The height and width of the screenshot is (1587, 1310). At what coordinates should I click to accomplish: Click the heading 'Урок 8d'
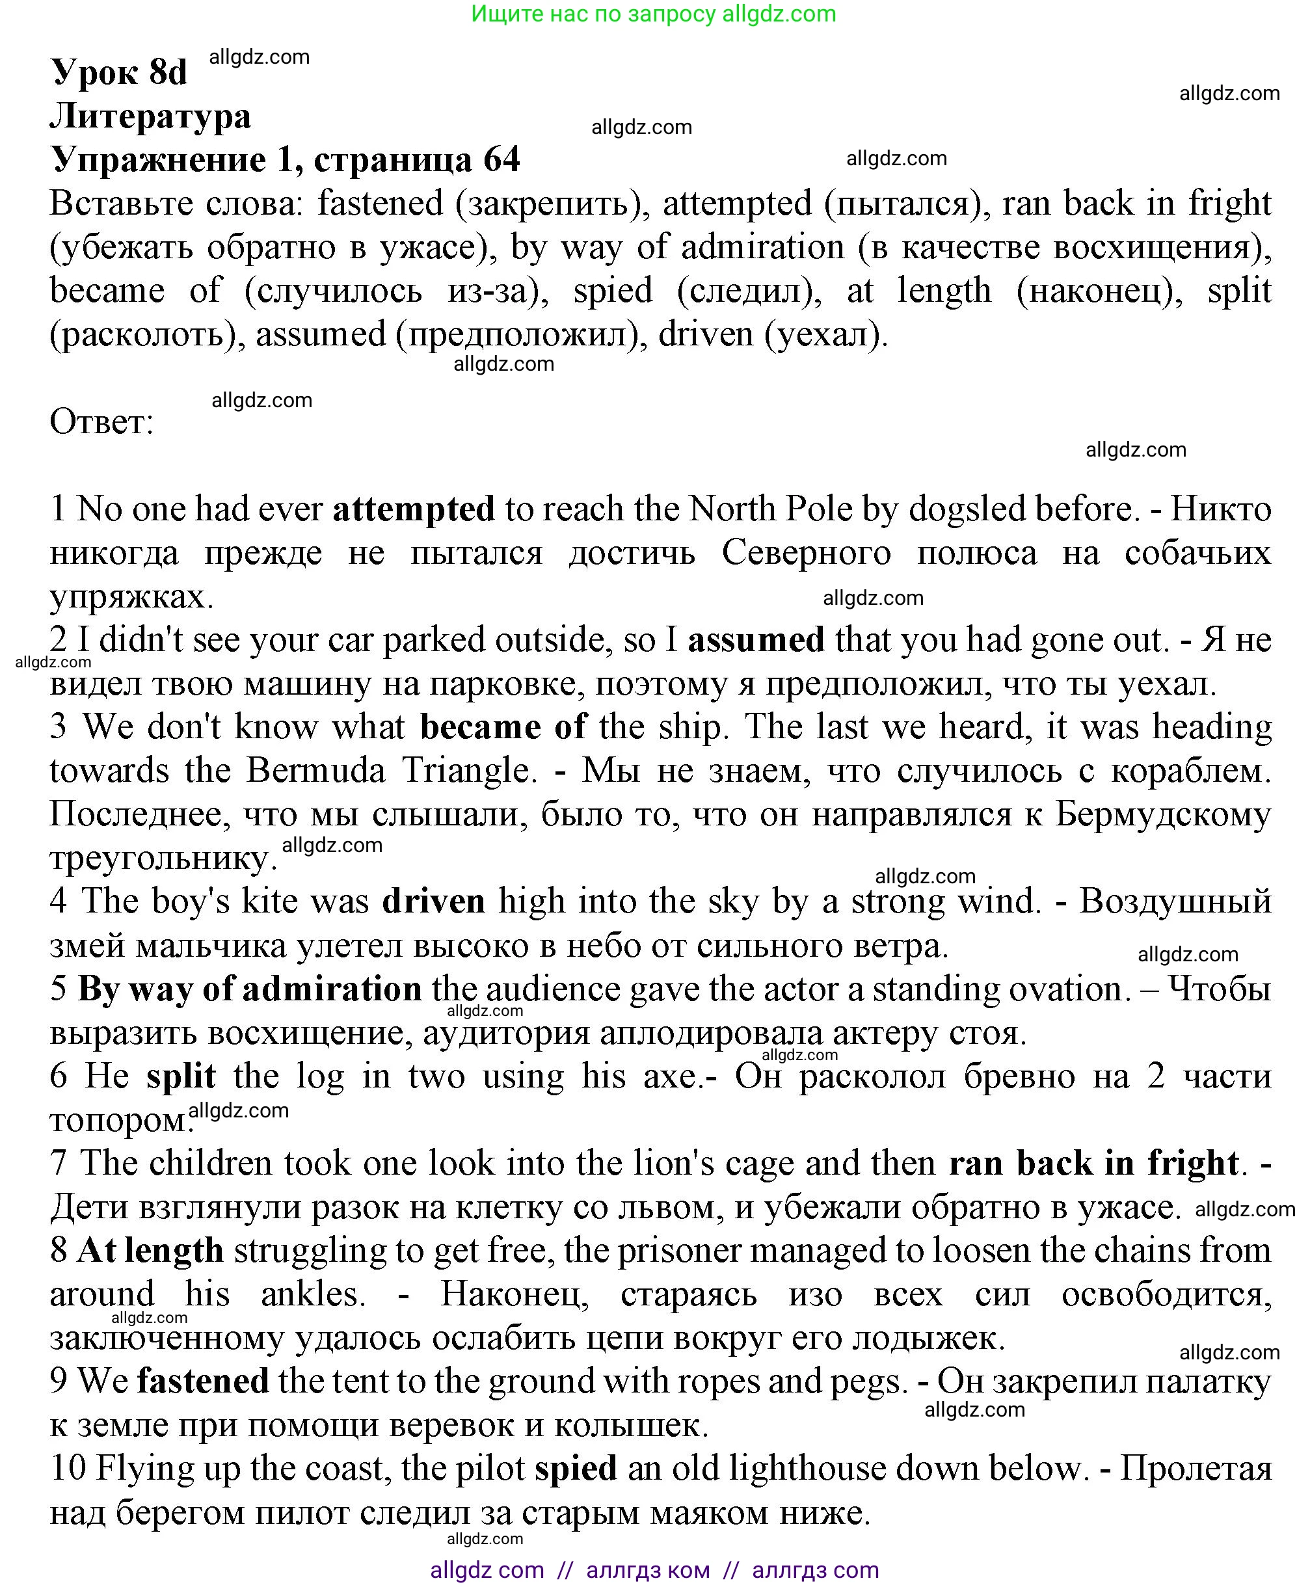point(118,72)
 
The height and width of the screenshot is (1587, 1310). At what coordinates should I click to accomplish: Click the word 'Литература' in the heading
point(150,116)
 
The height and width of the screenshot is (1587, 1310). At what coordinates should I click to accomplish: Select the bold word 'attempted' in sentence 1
point(414,509)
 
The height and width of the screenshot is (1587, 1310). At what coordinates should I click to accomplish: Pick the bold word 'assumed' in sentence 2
point(756,640)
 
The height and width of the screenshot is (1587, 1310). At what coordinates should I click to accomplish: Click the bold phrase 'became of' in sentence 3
point(503,727)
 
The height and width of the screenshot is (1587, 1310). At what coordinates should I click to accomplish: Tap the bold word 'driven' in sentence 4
point(433,901)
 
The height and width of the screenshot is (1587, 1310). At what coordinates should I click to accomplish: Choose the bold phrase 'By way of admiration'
point(250,989)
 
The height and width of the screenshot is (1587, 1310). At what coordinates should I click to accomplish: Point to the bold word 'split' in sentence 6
point(181,1076)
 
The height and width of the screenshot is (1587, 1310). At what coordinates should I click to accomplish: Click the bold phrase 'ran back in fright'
point(1093,1163)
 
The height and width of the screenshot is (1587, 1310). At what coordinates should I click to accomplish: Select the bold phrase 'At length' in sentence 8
point(150,1251)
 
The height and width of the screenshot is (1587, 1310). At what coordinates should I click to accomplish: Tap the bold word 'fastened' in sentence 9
point(202,1381)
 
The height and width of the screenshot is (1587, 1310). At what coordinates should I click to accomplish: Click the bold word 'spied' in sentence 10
point(576,1469)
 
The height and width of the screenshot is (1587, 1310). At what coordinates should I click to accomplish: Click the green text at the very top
point(654,14)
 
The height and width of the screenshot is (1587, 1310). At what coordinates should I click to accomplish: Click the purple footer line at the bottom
point(654,1569)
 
